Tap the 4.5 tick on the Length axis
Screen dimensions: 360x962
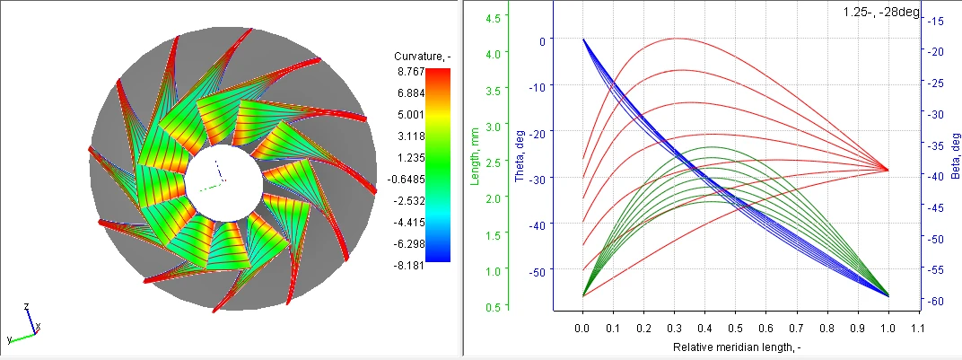click(x=493, y=17)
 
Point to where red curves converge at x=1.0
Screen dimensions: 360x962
click(x=888, y=169)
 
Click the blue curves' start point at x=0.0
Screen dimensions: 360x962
click(x=583, y=40)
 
